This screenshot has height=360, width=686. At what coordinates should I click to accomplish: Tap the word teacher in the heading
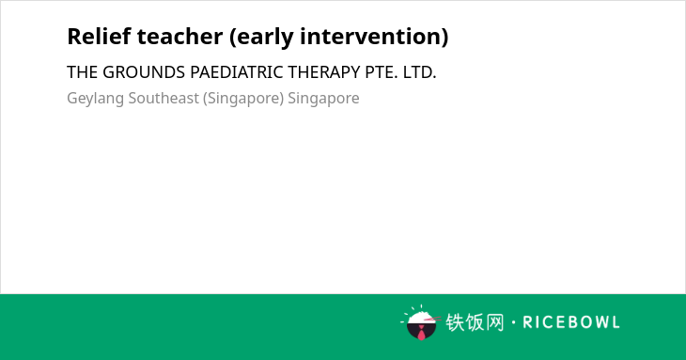179,37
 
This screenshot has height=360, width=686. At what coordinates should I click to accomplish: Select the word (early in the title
261,38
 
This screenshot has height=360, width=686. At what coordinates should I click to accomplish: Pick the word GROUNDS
144,72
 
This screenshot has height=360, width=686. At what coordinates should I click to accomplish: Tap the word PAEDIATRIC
237,72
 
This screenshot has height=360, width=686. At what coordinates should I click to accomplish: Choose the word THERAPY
324,72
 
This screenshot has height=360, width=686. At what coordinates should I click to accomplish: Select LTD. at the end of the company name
419,72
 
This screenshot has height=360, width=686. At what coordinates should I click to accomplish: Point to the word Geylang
95,99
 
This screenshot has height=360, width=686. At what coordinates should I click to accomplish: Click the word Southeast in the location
164,98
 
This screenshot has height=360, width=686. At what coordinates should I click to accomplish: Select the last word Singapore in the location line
323,99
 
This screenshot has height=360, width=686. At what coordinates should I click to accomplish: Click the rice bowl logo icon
421,323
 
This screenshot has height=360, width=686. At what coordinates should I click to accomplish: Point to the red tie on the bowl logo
421,334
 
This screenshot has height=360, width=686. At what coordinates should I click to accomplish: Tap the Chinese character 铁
455,322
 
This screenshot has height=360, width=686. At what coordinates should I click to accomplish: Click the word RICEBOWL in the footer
571,322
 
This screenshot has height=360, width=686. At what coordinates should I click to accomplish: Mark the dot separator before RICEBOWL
513,323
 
